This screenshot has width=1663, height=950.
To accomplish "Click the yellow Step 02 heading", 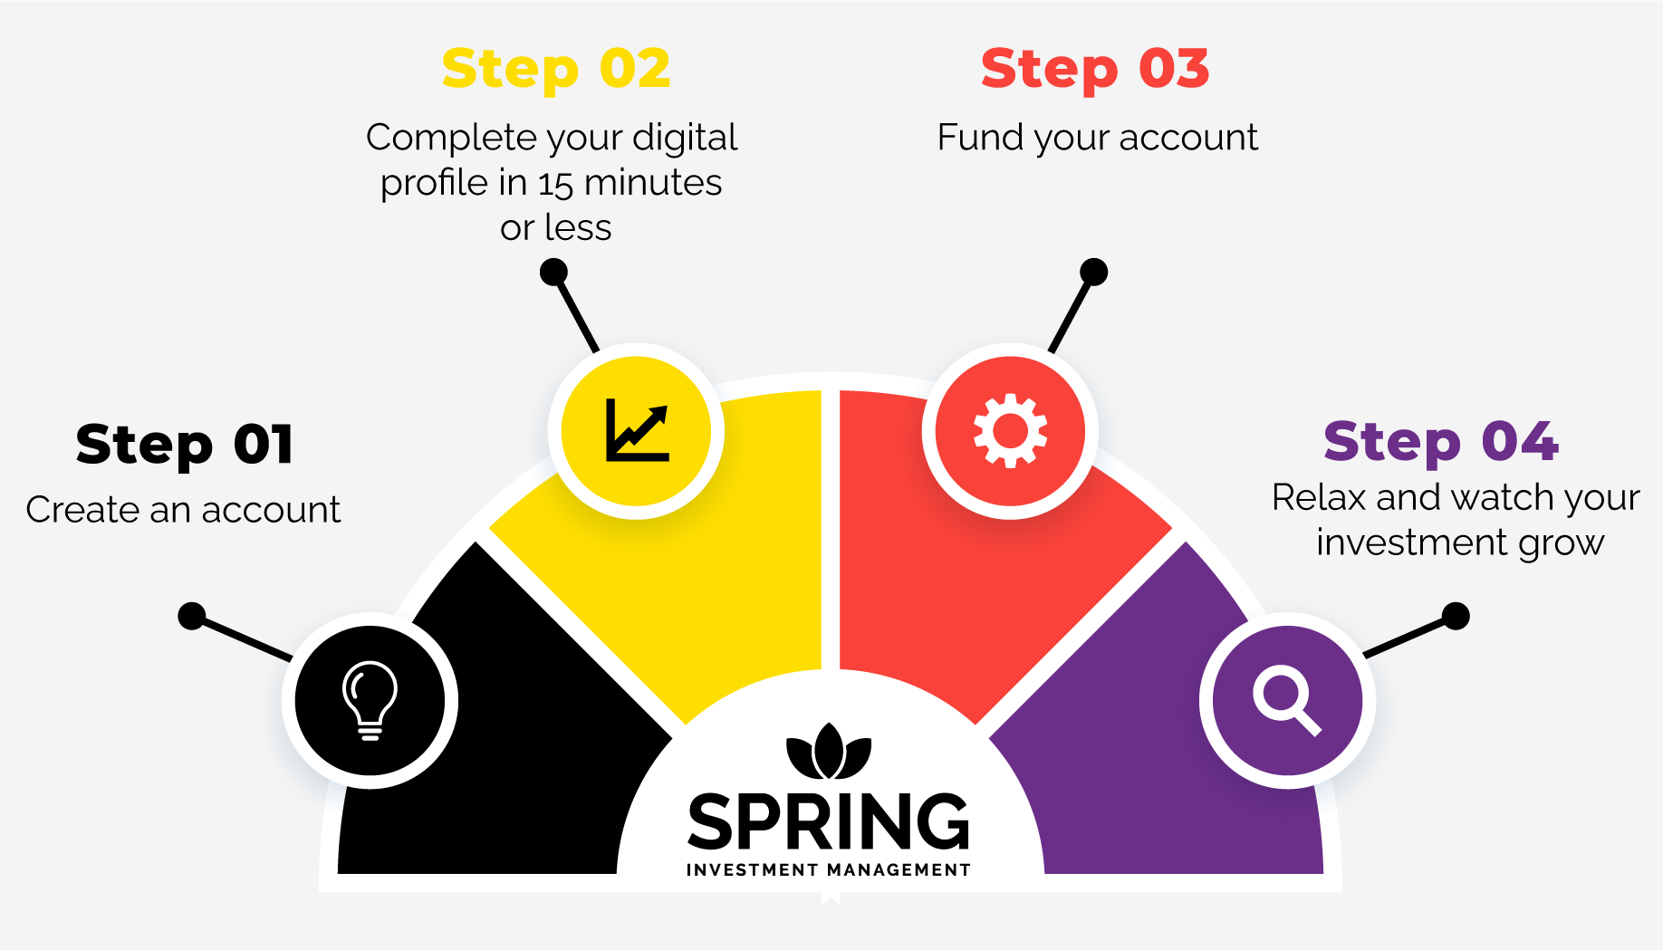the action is [555, 69].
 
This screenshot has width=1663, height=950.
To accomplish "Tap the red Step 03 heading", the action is [1094, 69].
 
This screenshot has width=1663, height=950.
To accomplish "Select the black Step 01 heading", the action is [184, 445].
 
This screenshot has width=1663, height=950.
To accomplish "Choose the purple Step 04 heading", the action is [1440, 441].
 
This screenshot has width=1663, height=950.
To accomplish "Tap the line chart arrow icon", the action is [637, 430].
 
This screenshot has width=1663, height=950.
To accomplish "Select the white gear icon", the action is [1010, 430].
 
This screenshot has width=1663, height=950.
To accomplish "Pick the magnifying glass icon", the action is [1286, 700].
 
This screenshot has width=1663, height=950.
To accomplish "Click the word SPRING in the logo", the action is [828, 822].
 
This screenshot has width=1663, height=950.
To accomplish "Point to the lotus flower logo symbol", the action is [828, 753].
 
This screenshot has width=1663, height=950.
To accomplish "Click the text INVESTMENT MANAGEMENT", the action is [828, 870].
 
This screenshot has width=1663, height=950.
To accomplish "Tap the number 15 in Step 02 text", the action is [555, 184].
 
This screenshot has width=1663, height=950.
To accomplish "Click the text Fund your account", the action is [1097, 138].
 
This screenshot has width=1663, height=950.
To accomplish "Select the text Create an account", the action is [183, 510].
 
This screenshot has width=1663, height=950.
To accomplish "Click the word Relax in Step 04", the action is [1319, 497].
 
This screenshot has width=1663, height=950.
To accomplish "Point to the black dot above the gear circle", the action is [1094, 272].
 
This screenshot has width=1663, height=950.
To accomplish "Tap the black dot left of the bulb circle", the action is [191, 616].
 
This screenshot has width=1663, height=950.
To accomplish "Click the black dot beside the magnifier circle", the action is [1456, 616].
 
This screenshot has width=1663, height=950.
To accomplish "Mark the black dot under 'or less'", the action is [553, 272].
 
